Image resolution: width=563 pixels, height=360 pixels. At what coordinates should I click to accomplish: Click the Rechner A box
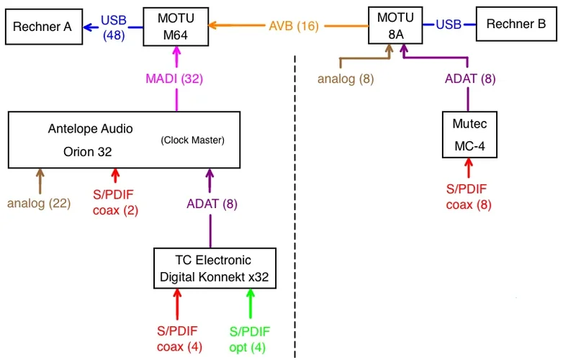pos(43,27)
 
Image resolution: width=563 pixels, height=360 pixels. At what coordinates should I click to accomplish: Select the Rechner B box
pos(515,24)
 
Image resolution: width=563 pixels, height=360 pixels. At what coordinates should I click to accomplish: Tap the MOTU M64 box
pos(175,25)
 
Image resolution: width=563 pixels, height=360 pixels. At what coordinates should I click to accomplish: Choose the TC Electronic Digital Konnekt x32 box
pos(215,268)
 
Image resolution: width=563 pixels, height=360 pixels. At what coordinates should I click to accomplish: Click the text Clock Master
pos(192,140)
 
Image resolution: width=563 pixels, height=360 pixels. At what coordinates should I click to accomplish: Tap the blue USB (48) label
pos(114,26)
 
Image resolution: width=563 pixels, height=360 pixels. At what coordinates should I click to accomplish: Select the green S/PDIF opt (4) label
pos(250,339)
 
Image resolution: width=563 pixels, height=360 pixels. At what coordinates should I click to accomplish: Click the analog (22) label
pos(39,203)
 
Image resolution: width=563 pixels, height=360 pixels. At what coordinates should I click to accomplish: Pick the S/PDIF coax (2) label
pos(115,203)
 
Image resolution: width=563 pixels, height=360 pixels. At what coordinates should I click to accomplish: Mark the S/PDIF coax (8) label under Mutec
pos(468,197)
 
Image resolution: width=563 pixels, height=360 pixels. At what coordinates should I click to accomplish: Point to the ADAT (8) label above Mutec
pos(469,78)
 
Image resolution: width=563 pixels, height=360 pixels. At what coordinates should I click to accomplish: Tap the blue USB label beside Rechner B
pos(449,24)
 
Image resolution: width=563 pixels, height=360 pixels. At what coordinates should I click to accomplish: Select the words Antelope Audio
pos(90,130)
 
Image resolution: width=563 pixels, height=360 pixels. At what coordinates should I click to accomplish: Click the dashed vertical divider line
pos(296,216)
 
